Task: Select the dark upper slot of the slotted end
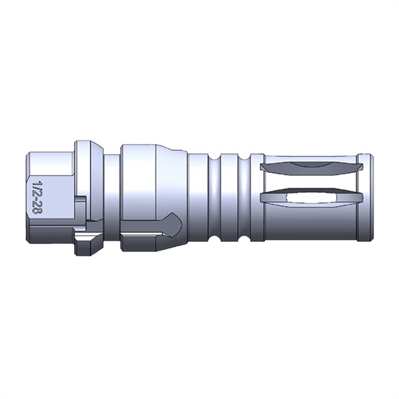coord(310,167)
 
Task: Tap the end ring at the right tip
coord(365,198)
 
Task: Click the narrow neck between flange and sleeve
coord(111,192)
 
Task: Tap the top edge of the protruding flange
coord(86,142)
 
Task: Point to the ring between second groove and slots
coord(256,198)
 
